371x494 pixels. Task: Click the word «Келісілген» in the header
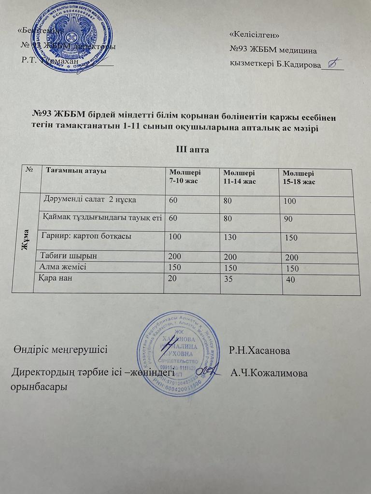click(255, 35)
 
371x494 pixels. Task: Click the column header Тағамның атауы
click(75, 170)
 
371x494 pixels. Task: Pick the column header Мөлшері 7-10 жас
click(183, 177)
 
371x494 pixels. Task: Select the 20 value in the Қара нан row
click(172, 277)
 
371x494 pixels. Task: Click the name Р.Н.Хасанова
click(260, 351)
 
